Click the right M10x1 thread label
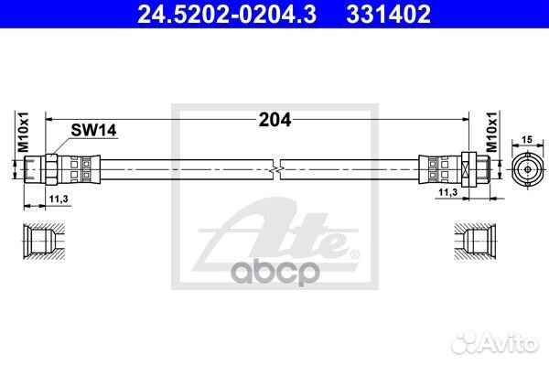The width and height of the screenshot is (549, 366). pyautogui.click(x=490, y=135)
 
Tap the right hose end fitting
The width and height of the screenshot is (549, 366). pyautogui.click(x=456, y=168)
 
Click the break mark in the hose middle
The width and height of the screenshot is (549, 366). pyautogui.click(x=276, y=168)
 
